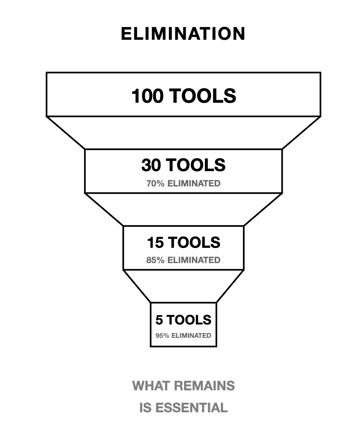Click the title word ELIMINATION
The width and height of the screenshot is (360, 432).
(183, 34)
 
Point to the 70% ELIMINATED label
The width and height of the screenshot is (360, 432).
(183, 184)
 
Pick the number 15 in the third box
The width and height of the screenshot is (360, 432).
(155, 242)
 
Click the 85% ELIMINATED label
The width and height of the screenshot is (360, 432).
(183, 260)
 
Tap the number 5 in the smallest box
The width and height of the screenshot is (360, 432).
(159, 320)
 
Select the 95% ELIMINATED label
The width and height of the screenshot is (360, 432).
(183, 336)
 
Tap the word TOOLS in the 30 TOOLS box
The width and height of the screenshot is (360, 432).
(196, 165)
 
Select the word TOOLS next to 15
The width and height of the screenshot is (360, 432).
(194, 242)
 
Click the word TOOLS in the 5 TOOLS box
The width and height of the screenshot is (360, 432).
(188, 320)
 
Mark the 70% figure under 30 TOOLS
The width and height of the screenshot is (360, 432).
(155, 184)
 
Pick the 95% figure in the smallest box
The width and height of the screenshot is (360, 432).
(162, 336)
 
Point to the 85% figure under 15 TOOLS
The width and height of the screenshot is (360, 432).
(155, 260)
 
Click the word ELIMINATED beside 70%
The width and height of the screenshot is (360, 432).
(194, 184)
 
